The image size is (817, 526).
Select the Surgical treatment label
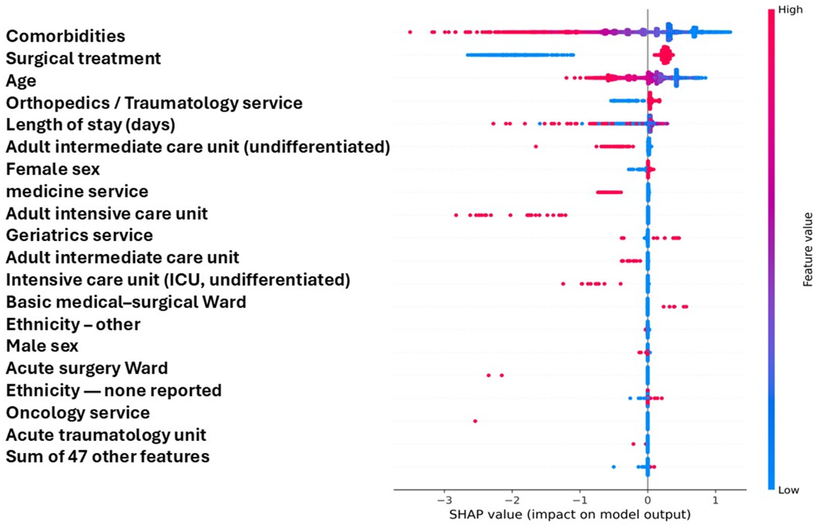pos(83,58)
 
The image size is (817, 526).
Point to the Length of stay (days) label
pos(90,125)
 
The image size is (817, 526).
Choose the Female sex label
pos(53,169)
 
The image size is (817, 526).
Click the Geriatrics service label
pos(79,235)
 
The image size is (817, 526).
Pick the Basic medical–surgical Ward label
pos(126,302)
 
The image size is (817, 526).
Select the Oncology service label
pos(78,413)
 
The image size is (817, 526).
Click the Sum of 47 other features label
pos(108,457)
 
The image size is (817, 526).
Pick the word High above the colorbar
pos(790,10)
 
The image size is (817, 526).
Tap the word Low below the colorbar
pos(789,491)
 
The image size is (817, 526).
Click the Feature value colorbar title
pos(807,249)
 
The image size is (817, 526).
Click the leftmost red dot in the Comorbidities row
pos(410,32)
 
